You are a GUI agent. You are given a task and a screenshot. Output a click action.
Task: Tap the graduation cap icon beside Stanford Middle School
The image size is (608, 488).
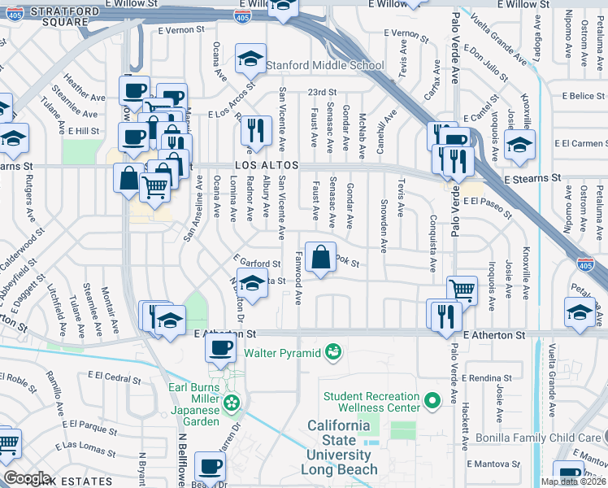tap(249, 58)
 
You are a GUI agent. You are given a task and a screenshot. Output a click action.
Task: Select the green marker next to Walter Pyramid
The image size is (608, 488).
tap(332, 352)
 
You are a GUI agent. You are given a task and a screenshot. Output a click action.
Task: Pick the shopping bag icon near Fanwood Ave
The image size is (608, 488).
tap(321, 257)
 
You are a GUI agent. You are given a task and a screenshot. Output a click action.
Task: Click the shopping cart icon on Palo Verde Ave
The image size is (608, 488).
tap(462, 289)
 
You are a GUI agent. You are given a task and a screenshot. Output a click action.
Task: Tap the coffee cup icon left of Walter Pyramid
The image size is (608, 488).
tap(219, 349)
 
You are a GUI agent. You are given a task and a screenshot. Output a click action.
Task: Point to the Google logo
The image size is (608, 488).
tap(28, 478)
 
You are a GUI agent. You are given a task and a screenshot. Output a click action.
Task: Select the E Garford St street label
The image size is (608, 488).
tap(260, 263)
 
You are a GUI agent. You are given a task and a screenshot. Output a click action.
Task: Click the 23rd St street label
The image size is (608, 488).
tap(321, 92)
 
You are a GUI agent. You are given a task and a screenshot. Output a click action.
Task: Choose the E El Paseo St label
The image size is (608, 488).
tap(487, 207)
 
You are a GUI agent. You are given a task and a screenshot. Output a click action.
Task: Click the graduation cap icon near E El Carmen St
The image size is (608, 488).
tap(519, 146)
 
